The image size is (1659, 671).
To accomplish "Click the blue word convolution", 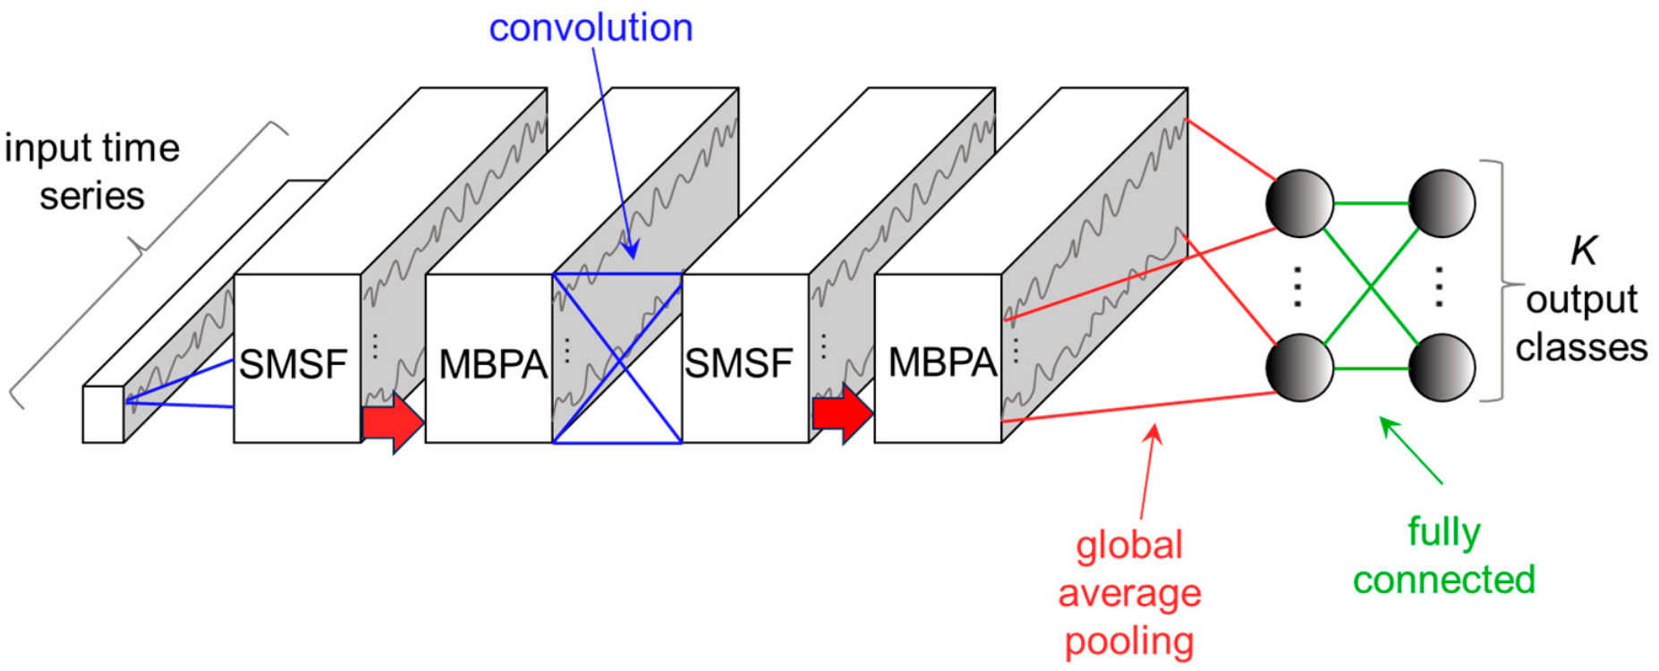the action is pyautogui.click(x=591, y=28).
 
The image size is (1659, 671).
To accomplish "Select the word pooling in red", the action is pyautogui.click(x=1129, y=642).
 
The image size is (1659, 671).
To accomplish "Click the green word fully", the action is pyautogui.click(x=1443, y=533).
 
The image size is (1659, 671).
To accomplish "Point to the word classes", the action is pyautogui.click(x=1581, y=347).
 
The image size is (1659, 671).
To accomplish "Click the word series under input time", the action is pyautogui.click(x=91, y=196).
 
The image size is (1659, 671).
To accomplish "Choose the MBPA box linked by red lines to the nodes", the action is pyautogui.click(x=938, y=358).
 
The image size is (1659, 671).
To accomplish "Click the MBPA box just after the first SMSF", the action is pyautogui.click(x=489, y=358).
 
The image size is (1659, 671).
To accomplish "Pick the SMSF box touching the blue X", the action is pyautogui.click(x=745, y=358).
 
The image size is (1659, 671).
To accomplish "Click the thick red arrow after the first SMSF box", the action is pyautogui.click(x=393, y=420).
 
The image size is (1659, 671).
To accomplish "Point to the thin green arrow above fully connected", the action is pyautogui.click(x=1412, y=451).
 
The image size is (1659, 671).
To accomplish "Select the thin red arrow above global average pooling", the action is pyautogui.click(x=1149, y=471).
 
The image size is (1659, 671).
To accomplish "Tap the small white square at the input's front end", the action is pyautogui.click(x=103, y=414).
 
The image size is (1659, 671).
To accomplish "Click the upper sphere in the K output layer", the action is pyautogui.click(x=1442, y=203).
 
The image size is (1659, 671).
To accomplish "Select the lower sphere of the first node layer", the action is pyautogui.click(x=1299, y=368).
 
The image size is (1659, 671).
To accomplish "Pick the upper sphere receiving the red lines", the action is pyautogui.click(x=1299, y=203).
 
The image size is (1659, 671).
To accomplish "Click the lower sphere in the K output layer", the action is pyautogui.click(x=1442, y=368).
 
